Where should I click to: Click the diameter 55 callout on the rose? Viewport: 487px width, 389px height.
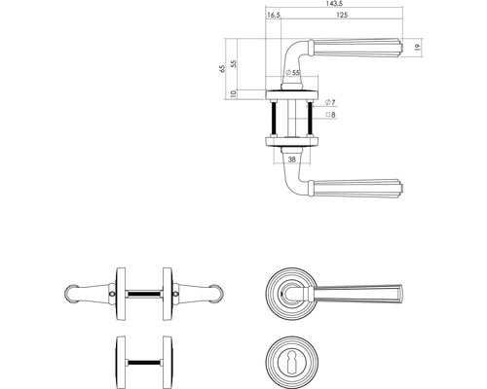(291, 73)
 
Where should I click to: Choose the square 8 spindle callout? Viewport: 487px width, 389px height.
(329, 115)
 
